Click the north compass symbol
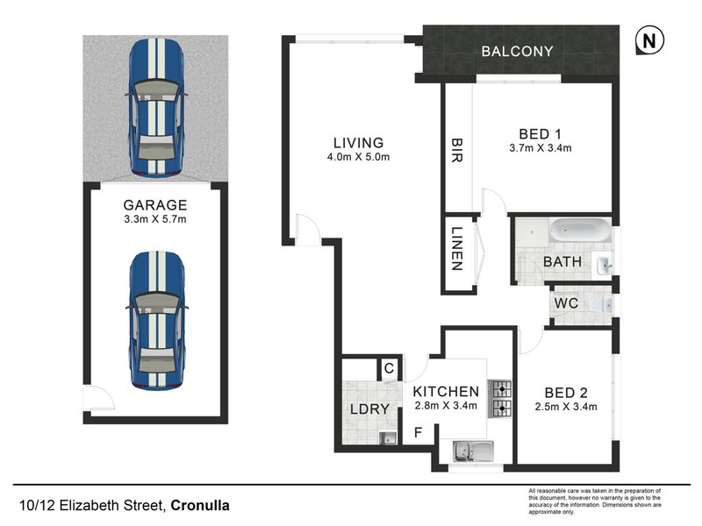tap(648, 40)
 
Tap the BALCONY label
tap(517, 52)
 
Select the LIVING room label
tap(358, 143)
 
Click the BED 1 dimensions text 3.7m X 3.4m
tap(541, 148)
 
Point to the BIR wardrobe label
tap(457, 148)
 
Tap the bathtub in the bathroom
tap(579, 232)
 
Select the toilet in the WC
tap(600, 304)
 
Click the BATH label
tap(558, 261)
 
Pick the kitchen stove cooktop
tap(500, 396)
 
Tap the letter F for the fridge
tap(418, 433)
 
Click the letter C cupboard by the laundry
tap(387, 370)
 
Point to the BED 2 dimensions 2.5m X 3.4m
tap(566, 407)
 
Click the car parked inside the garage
tap(157, 321)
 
